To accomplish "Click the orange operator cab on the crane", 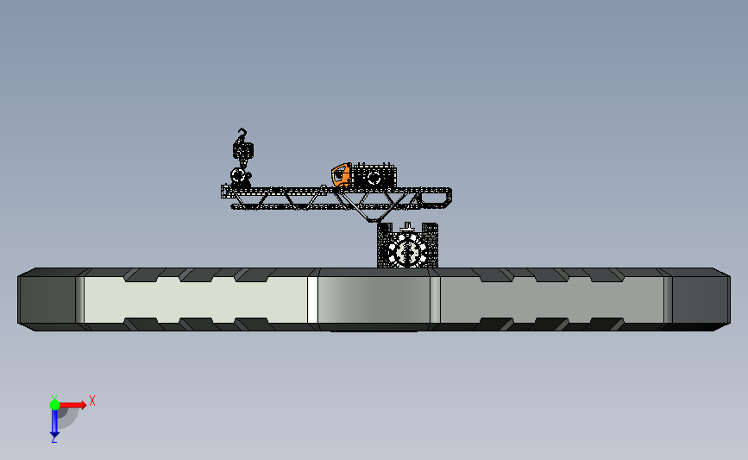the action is (342, 174).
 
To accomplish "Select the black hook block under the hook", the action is (243, 150).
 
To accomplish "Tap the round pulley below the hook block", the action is (238, 175).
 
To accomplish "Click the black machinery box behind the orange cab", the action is (374, 176).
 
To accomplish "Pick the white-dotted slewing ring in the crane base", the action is (407, 250).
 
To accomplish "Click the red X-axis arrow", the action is (72, 405).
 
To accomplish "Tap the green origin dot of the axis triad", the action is (54, 405).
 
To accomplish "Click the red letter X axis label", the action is (92, 400).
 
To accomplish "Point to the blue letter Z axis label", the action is (53, 439).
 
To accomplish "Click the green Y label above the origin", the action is (54, 398).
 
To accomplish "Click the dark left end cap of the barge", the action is (47, 299).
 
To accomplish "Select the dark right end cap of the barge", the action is (701, 299).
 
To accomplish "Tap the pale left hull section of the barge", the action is (196, 299).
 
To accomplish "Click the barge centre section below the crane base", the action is (374, 299).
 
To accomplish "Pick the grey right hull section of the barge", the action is (552, 299).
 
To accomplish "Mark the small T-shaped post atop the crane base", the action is (407, 227).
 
